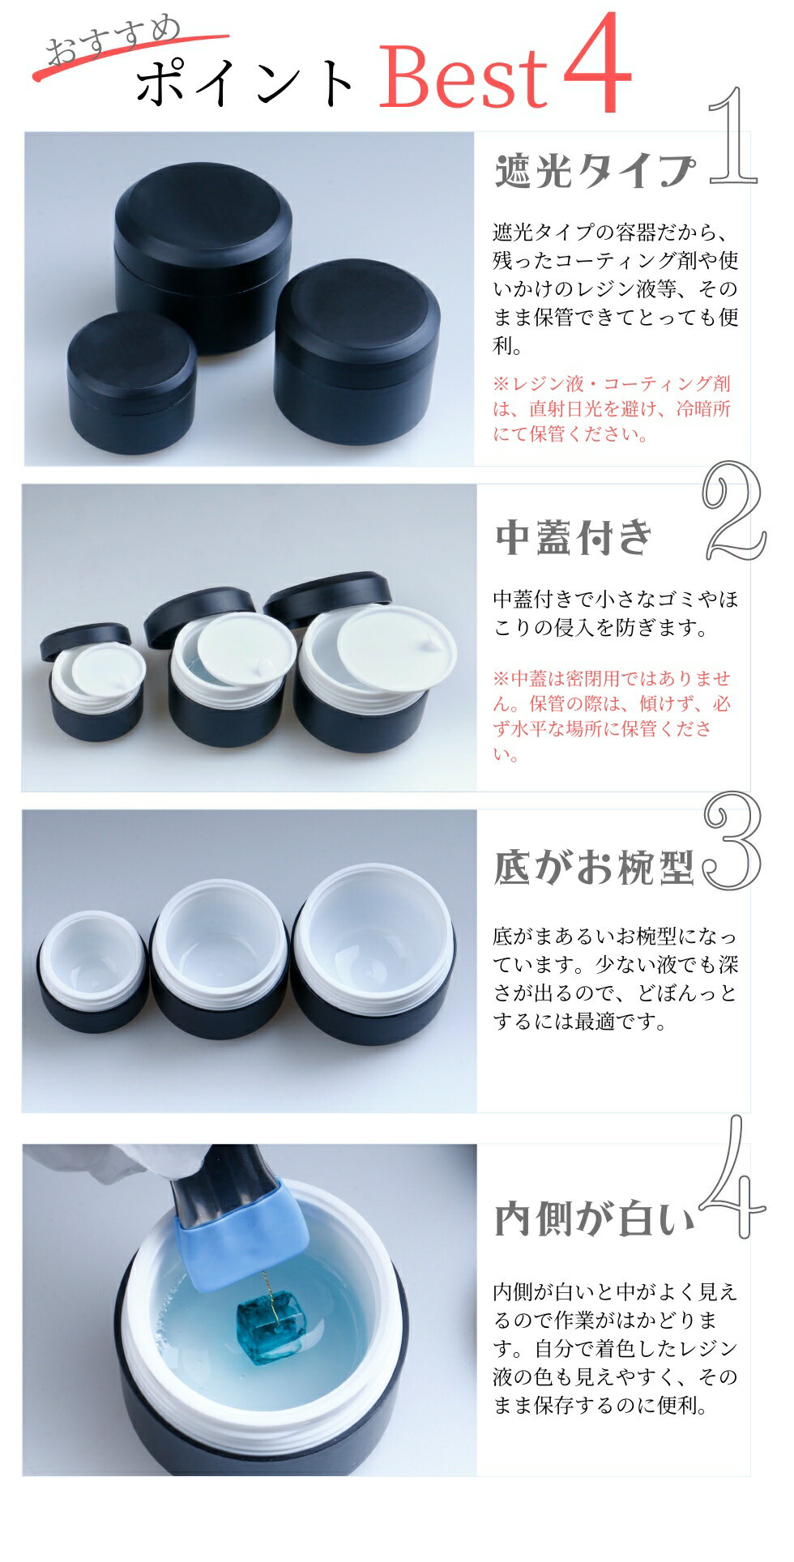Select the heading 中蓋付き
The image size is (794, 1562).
point(574,536)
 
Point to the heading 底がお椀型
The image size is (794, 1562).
point(595,867)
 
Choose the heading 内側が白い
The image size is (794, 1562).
point(595,1219)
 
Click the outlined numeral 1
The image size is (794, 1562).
point(733,136)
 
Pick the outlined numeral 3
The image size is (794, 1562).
point(732,842)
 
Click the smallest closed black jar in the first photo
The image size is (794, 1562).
point(131,382)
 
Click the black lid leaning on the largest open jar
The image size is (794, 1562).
point(327,589)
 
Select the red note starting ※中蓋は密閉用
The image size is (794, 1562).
point(613,716)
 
